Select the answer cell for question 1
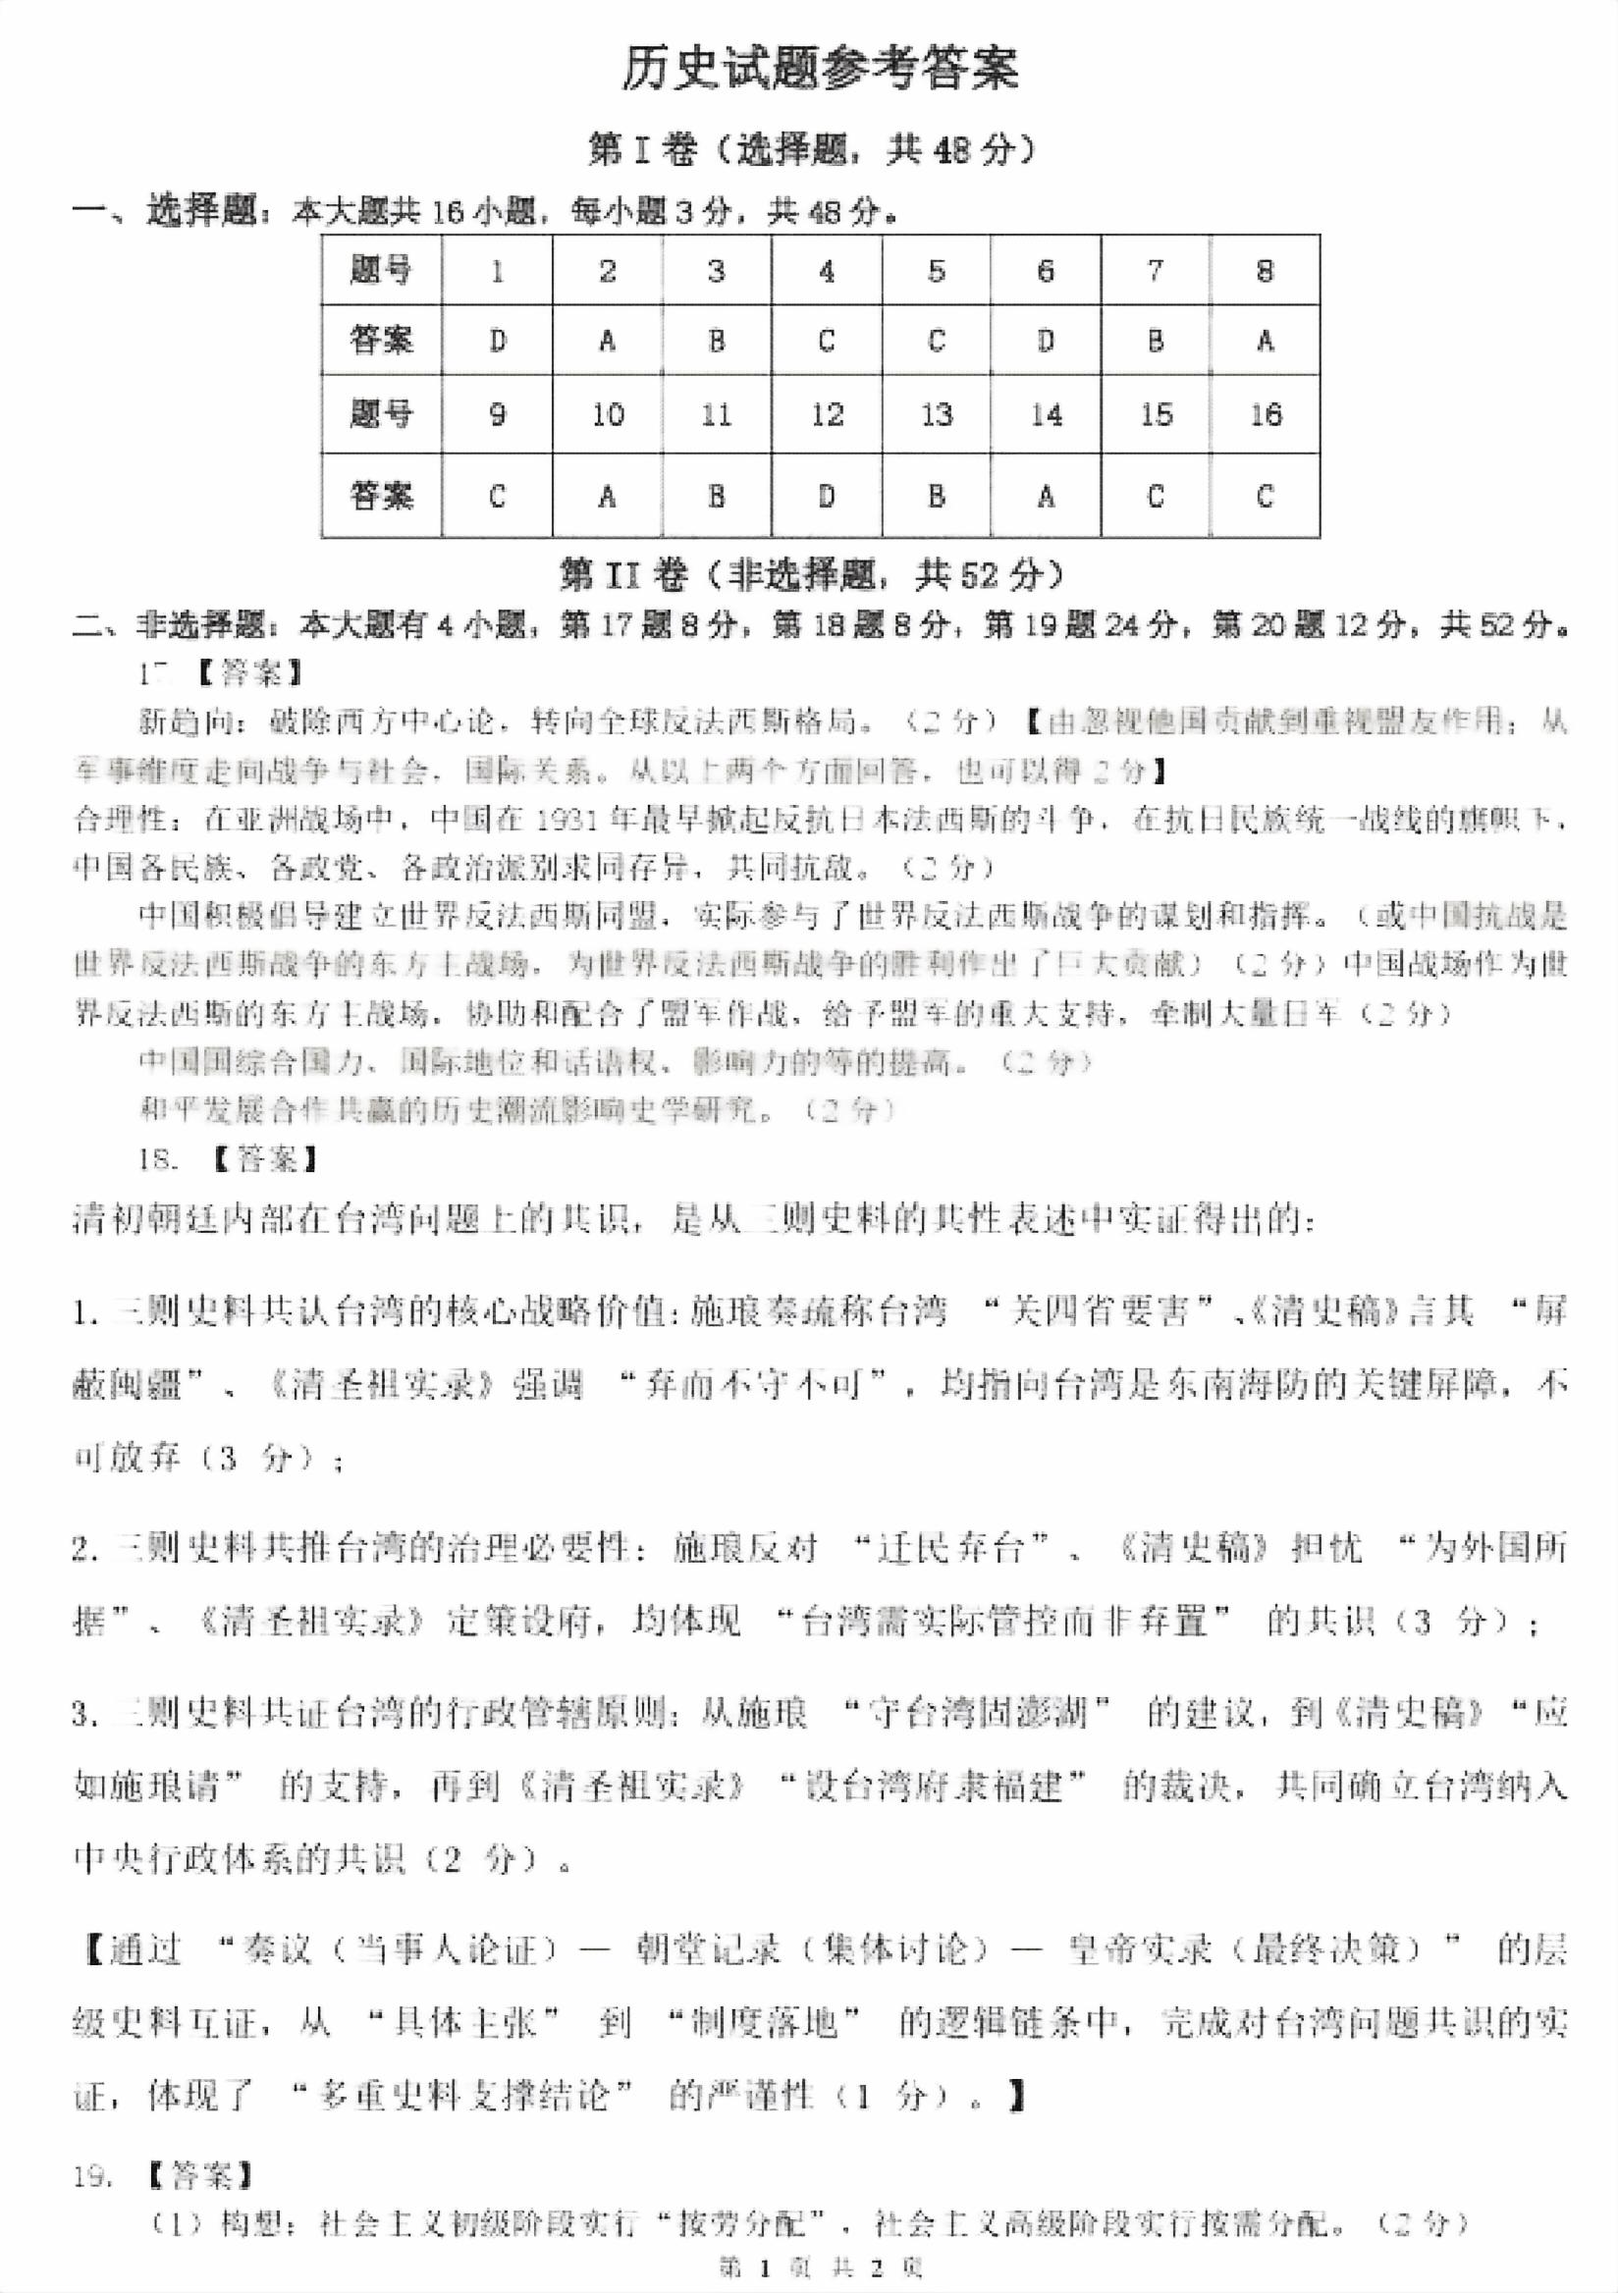pos(498,342)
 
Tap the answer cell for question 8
pos(1265,342)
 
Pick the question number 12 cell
pos(827,414)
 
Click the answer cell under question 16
pos(1265,497)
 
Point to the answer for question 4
pos(827,342)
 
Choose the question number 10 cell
pos(608,414)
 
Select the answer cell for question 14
pos(1046,497)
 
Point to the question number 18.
pos(158,1159)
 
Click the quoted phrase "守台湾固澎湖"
pos(976,1714)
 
